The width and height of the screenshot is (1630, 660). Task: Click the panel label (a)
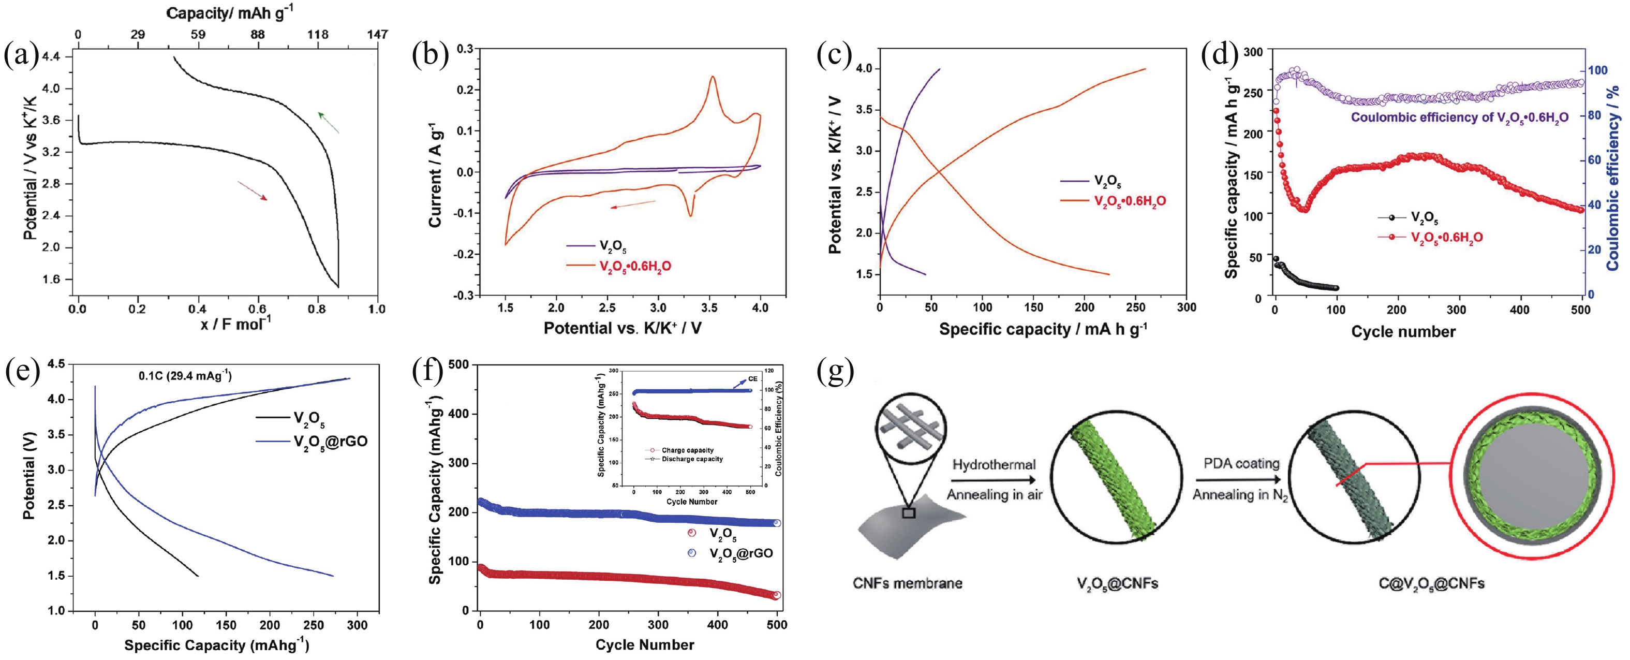[x=21, y=56]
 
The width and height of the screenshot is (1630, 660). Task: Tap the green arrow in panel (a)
[x=329, y=122]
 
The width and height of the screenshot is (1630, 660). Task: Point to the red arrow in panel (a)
[x=253, y=191]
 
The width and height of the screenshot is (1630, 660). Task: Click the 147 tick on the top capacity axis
[x=377, y=34]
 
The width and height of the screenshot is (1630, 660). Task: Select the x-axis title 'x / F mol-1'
[x=236, y=324]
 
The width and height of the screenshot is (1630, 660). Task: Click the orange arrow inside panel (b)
[x=632, y=204]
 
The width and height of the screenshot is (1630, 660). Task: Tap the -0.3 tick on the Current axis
[x=465, y=296]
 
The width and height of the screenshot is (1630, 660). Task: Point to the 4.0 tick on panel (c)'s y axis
[x=864, y=68]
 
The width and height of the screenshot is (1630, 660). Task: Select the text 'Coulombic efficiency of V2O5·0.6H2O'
[x=1459, y=118]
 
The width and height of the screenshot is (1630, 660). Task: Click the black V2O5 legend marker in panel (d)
[x=1392, y=218]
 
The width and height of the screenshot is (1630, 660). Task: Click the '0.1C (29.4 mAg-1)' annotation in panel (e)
[x=185, y=376]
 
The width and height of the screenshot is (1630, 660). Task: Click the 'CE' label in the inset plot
[x=752, y=379]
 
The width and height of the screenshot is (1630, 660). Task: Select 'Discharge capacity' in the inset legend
[x=692, y=459]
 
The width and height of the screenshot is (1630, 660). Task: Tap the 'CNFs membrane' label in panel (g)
[x=908, y=583]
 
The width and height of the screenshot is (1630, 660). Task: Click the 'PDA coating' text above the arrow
[x=1241, y=464]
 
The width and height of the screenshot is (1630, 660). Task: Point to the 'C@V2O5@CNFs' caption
[x=1431, y=583]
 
